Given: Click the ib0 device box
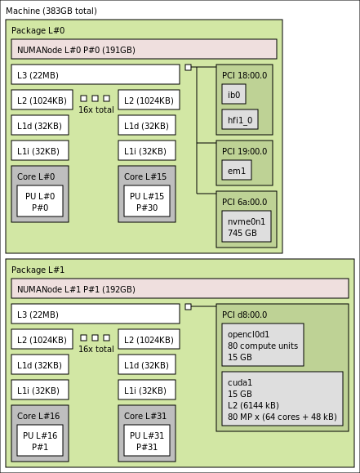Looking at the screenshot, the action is tap(234, 95).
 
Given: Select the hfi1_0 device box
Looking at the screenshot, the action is tap(240, 119).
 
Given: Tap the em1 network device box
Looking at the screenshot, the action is tap(237, 170).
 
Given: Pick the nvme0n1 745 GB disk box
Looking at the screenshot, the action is tap(247, 226).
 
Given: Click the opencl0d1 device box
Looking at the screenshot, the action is tap(263, 345).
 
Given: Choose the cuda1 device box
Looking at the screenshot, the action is tap(282, 399).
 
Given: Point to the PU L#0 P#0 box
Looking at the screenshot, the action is tap(40, 201).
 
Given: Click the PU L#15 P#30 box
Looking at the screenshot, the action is tap(147, 201).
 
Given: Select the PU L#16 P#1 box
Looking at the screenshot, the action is tap(40, 440).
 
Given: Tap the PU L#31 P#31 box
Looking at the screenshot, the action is tap(147, 440).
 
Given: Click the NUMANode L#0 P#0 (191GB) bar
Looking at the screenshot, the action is tap(144, 49).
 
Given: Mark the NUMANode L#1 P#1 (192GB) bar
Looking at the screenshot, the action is tap(180, 288).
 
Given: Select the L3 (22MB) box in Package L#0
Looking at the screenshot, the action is tap(96, 74).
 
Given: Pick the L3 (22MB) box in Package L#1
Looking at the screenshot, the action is tap(96, 314).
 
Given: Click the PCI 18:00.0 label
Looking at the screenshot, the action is tap(245, 75).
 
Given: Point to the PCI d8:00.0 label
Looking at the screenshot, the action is tap(245, 315).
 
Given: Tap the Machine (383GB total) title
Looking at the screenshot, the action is tap(51, 11).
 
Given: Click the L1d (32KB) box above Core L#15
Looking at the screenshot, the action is tap(147, 125).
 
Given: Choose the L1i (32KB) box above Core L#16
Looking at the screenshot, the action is tap(40, 390).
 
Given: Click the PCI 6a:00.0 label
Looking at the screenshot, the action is tap(245, 202).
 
